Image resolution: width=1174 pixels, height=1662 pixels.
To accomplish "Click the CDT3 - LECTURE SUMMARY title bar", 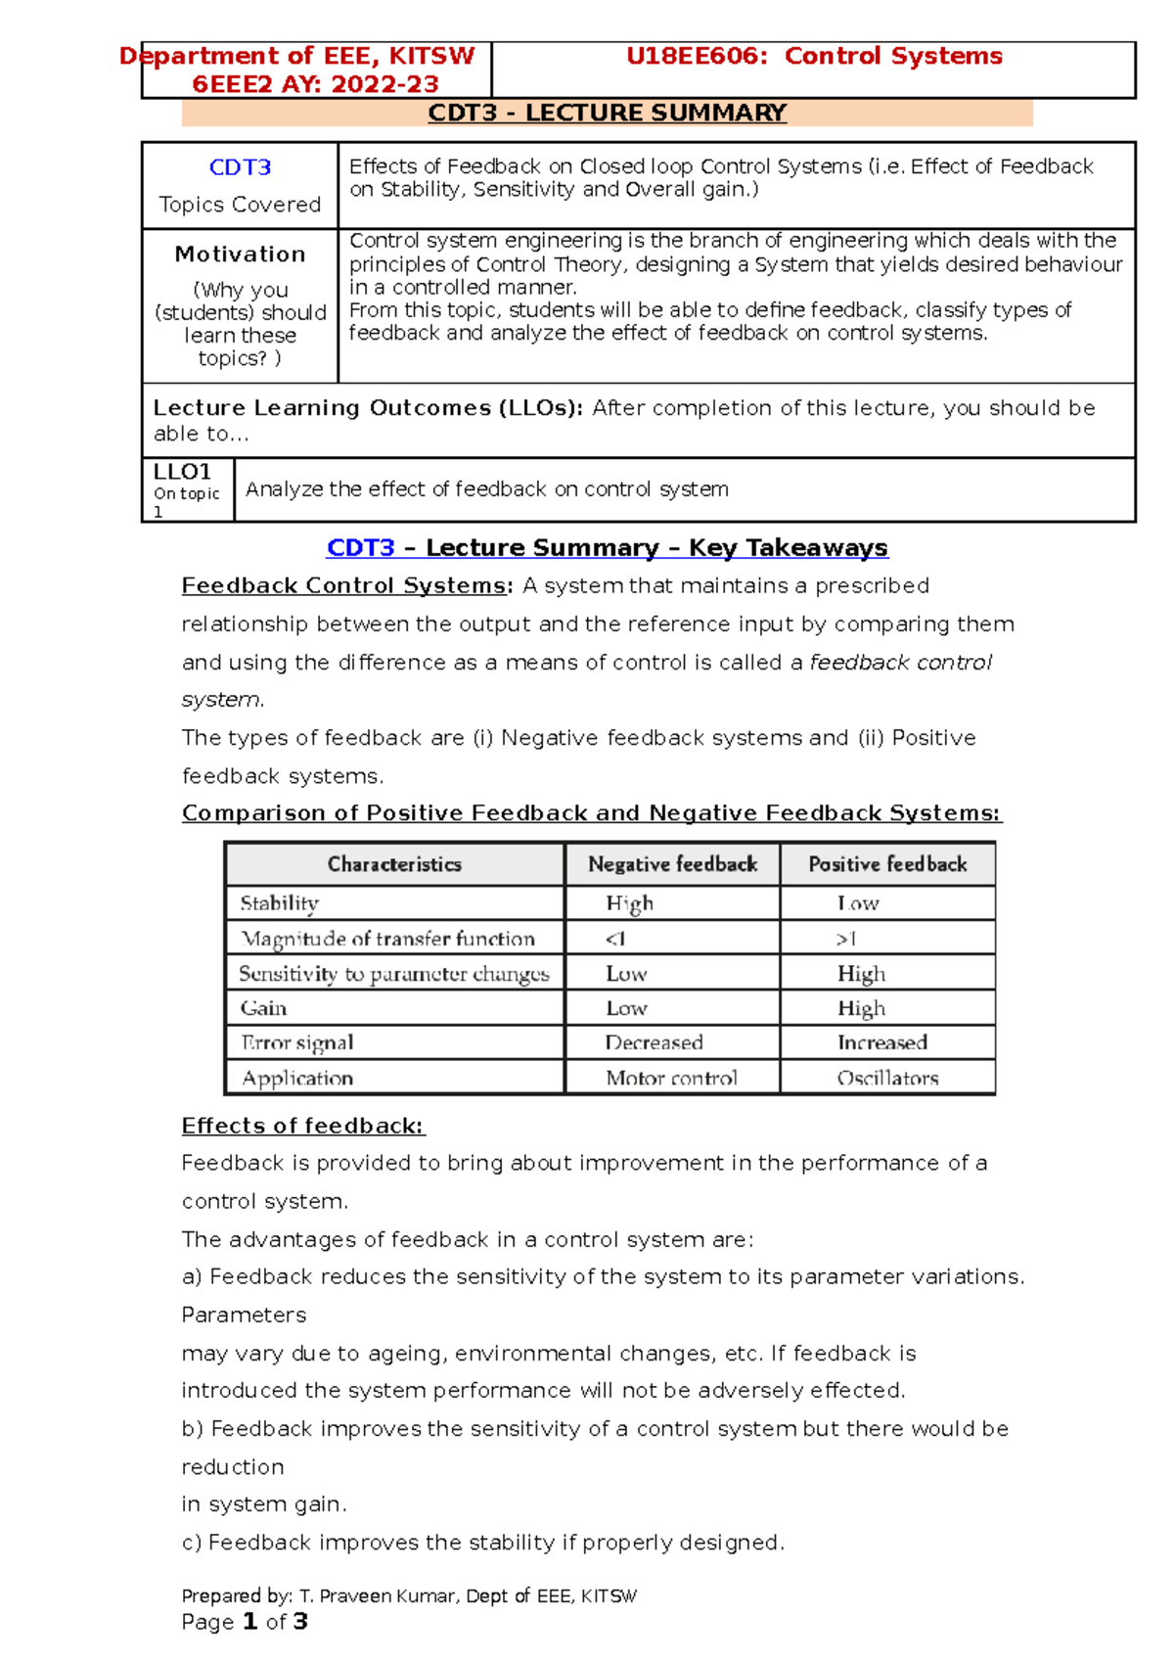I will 607,114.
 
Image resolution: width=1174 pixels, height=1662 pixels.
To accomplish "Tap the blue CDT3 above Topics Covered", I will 240,167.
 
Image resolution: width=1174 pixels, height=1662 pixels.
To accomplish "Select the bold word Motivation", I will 240,254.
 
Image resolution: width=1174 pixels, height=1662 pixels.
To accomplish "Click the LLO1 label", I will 182,472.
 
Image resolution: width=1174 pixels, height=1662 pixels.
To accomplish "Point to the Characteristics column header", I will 394,864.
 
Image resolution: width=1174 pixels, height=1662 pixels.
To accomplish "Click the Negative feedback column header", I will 672,864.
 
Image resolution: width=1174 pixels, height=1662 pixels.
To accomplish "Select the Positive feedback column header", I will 887,864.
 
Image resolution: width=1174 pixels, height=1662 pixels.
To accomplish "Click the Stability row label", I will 280,903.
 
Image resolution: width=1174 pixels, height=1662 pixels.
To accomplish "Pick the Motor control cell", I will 671,1078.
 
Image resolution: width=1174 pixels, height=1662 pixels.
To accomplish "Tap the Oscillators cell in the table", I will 887,1078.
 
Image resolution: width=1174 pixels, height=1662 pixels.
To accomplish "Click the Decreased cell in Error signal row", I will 654,1042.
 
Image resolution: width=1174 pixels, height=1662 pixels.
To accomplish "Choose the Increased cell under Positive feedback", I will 881,1042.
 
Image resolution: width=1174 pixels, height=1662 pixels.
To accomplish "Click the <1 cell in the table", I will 615,939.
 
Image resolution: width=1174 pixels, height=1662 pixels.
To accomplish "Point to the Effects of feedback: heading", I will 303,1126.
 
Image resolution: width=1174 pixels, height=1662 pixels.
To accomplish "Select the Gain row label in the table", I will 264,1008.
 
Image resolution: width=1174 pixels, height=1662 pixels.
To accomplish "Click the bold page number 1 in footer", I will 249,1622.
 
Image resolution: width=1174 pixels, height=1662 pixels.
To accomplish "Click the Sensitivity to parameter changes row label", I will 394,974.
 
